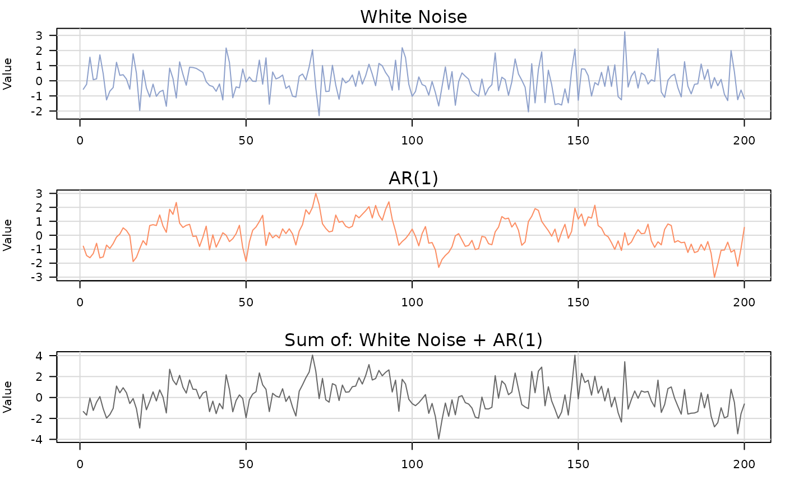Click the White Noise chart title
click(413, 17)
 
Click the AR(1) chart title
click(413, 178)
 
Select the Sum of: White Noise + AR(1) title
click(413, 340)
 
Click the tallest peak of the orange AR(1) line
click(316, 194)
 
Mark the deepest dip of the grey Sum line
click(438, 439)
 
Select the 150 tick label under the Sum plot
click(578, 464)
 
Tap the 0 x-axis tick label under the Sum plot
click(80, 464)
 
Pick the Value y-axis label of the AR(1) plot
click(8, 235)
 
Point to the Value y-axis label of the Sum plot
click(8, 397)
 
